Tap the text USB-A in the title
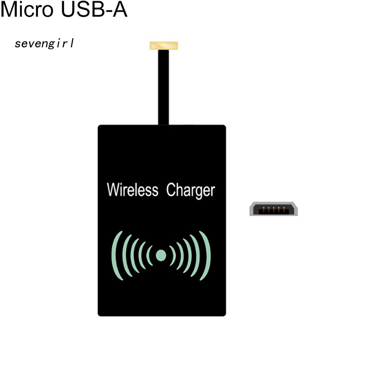point(94,10)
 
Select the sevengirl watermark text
point(44,44)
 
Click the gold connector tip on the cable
point(164,46)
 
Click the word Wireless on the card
point(132,190)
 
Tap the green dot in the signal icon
point(161,255)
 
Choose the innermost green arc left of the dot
point(149,256)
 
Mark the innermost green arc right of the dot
point(172,256)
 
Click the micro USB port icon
point(274,209)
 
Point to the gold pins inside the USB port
point(274,211)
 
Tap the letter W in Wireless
point(112,190)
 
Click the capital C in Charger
point(171,190)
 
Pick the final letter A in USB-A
point(120,10)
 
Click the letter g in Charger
point(198,192)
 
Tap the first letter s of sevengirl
point(17,44)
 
